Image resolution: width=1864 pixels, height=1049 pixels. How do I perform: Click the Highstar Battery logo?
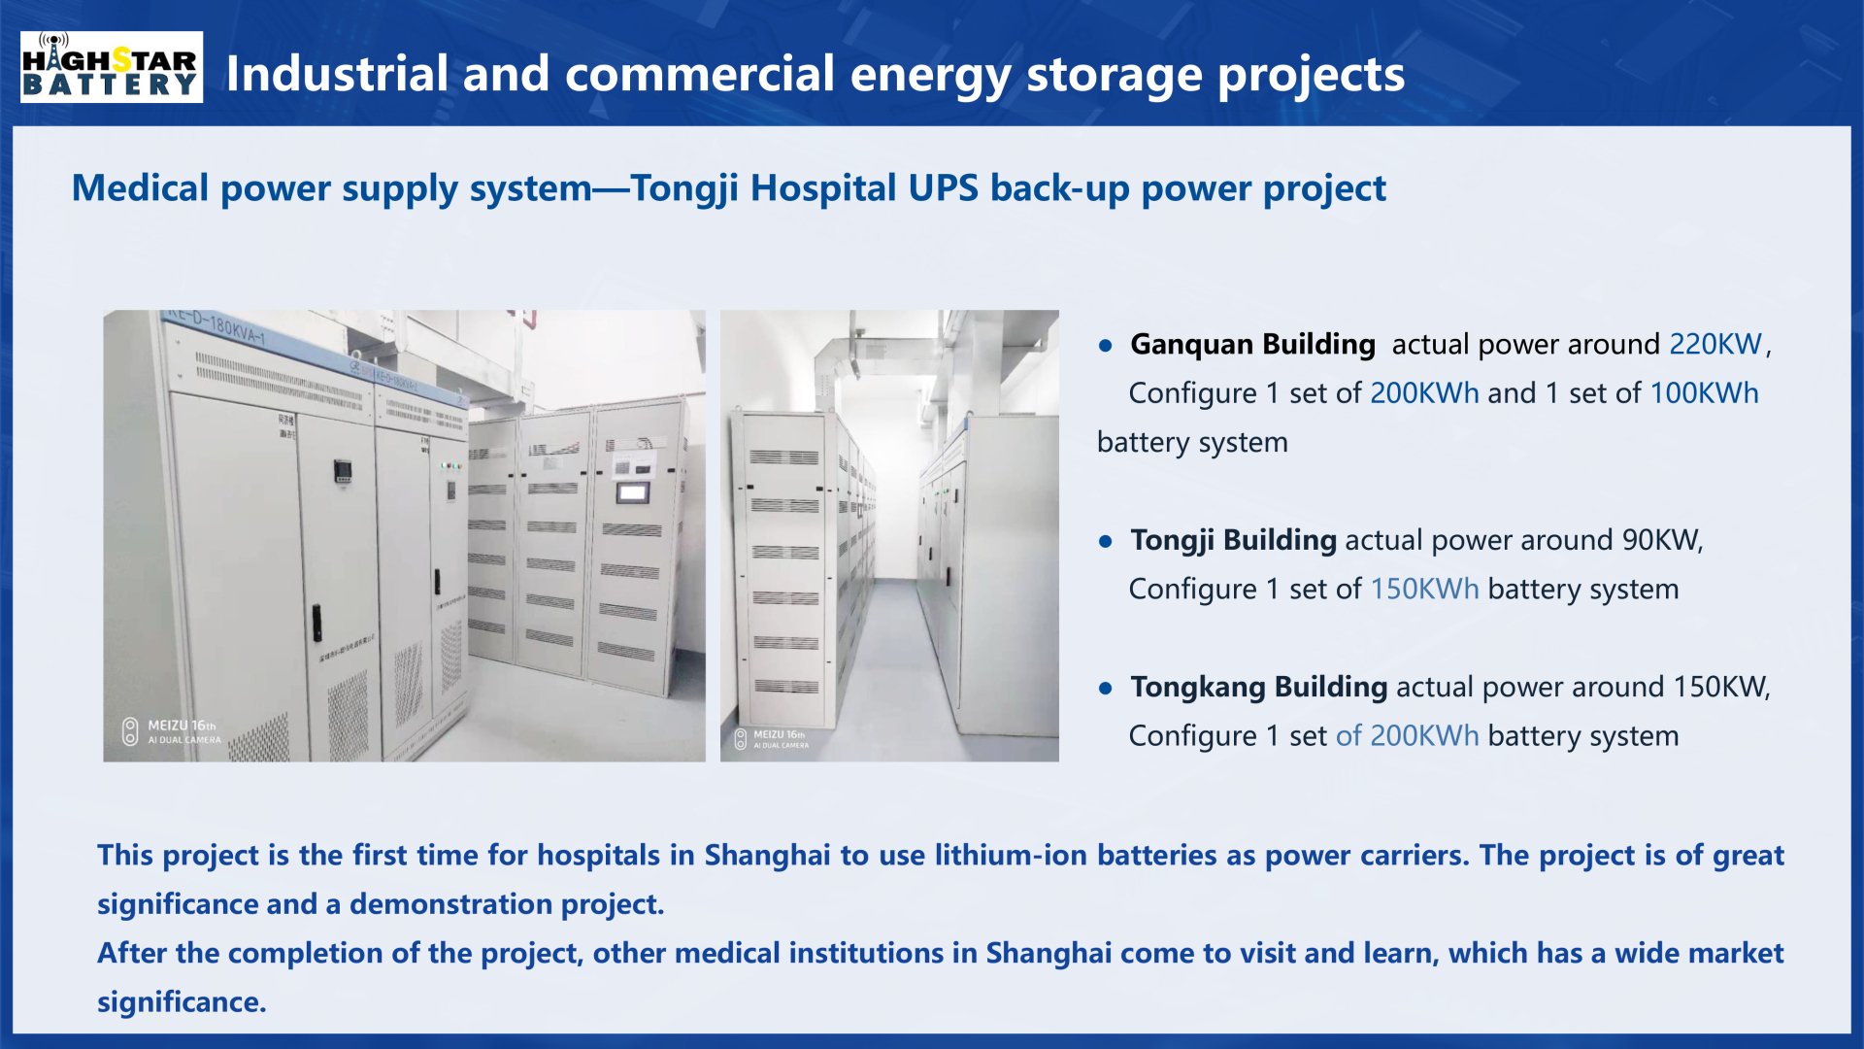pos(112,67)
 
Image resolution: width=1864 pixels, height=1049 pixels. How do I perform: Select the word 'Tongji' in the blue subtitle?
pos(685,188)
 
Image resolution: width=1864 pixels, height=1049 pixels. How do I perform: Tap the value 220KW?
pos(1714,344)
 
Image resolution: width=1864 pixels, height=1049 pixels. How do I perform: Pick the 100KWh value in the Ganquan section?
pos(1704,393)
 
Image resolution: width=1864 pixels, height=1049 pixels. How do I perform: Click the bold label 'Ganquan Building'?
pos(1252,344)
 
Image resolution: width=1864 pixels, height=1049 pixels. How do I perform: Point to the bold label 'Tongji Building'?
pos(1233,540)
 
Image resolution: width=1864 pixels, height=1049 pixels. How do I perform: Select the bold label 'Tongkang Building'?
pos(1258,687)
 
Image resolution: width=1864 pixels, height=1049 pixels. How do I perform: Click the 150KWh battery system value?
pos(1424,590)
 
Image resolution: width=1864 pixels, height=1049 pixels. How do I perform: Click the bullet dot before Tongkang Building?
pos(1105,689)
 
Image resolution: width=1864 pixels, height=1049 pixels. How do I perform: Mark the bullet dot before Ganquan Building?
pos(1105,346)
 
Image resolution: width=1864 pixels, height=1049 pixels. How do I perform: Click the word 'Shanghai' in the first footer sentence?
pos(767,856)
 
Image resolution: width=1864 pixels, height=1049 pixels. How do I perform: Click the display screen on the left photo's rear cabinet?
pos(633,492)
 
